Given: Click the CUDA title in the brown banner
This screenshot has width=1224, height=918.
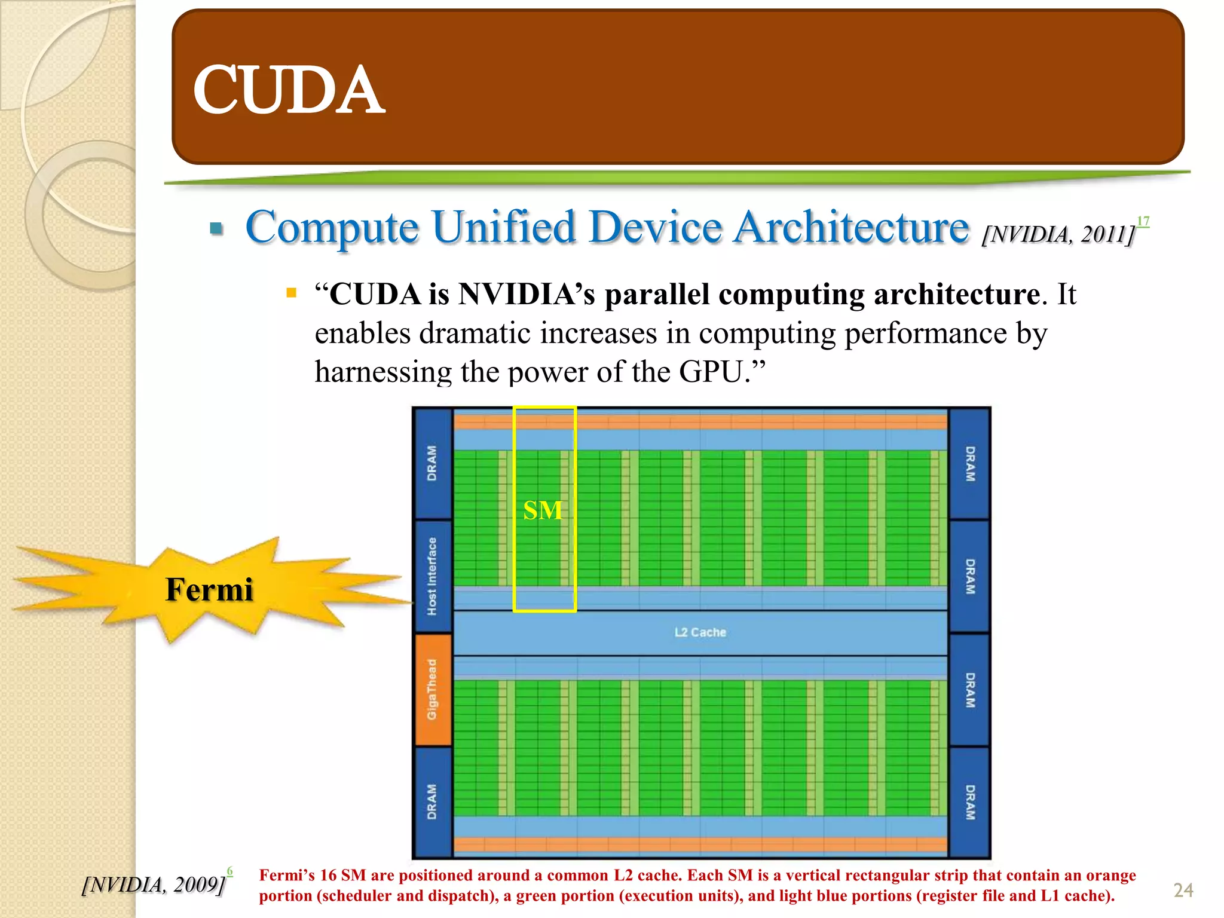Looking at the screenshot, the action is (289, 90).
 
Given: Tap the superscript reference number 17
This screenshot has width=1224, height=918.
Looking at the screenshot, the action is (1143, 222).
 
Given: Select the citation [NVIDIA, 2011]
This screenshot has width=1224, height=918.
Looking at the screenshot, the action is (1058, 234).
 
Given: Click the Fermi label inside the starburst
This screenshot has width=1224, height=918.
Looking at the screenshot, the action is (209, 589).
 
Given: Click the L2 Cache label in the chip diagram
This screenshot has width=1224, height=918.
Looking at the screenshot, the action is (700, 632).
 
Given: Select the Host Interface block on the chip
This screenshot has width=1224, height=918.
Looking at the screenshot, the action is (432, 576).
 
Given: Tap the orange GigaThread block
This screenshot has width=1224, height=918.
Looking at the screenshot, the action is (432, 690).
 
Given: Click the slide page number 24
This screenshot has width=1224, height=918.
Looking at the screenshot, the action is (1183, 891).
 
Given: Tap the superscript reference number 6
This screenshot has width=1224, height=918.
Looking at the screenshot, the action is (230, 872).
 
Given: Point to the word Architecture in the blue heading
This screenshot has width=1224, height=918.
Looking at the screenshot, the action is (851, 228).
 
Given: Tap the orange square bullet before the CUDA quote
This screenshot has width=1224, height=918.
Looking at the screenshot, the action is (292, 293).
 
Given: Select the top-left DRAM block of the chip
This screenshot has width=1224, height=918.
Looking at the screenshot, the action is (432, 463).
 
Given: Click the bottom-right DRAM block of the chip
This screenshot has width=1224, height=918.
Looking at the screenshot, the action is (970, 802).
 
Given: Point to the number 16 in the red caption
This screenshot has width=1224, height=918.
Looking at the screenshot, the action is (328, 876).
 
